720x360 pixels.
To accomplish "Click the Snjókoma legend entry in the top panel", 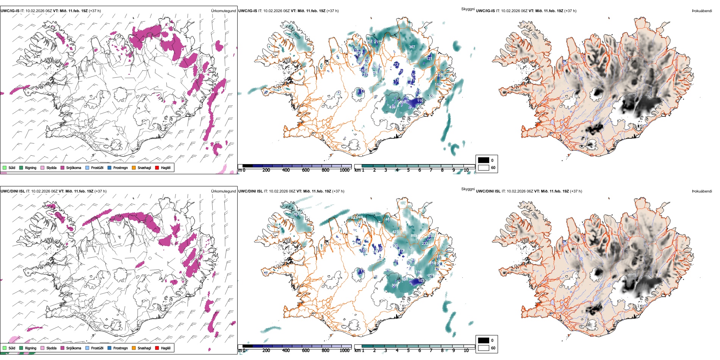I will click(74, 167).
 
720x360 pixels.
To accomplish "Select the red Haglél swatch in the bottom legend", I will click(157, 348).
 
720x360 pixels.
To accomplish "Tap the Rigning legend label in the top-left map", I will click(31, 167).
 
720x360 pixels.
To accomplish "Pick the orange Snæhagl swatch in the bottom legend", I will click(134, 348).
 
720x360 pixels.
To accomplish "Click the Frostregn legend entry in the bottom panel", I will click(120, 348).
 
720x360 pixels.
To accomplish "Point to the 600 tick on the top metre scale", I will click(305, 170).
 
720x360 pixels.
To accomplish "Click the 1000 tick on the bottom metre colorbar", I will click(344, 351).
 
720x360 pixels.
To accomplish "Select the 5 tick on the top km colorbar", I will click(408, 170).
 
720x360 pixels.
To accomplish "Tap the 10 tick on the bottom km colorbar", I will click(466, 351).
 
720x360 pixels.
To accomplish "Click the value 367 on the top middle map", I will click(412, 47).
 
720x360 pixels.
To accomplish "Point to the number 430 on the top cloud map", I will click(393, 107).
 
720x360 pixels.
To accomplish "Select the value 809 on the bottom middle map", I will click(414, 236).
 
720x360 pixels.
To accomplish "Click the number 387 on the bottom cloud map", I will click(296, 214).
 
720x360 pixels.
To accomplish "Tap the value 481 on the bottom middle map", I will click(388, 219).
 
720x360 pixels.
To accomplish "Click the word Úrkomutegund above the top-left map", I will click(223, 11).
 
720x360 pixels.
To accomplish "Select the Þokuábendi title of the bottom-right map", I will click(702, 191).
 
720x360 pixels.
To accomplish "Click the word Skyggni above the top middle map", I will click(468, 9).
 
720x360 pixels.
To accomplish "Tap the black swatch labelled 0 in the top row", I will click(484, 160).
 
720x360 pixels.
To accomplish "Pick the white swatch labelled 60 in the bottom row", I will click(484, 348).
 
